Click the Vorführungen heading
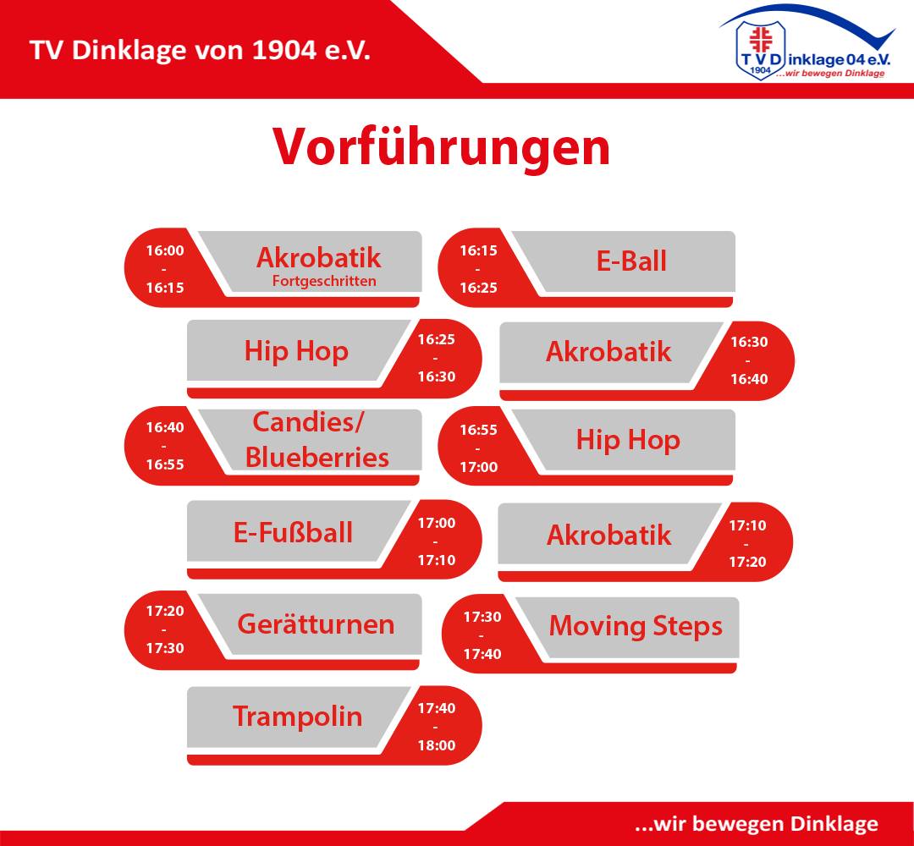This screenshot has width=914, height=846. (x=441, y=147)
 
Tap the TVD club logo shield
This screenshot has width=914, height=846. (x=760, y=50)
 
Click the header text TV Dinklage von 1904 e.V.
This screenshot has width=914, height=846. (x=200, y=50)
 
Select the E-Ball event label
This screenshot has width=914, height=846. (x=631, y=261)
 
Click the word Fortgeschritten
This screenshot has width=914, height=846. (x=324, y=281)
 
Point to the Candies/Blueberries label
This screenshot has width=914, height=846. (x=317, y=440)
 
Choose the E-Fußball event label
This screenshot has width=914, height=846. (x=293, y=532)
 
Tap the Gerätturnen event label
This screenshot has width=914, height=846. (x=316, y=624)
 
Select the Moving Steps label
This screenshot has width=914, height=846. (x=636, y=626)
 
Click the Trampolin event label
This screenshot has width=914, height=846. (x=297, y=717)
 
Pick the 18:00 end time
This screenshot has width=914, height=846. (x=437, y=745)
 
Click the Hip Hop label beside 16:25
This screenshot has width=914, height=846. (x=296, y=351)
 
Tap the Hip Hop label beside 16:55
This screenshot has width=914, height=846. (x=628, y=440)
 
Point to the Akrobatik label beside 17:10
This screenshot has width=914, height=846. (x=609, y=535)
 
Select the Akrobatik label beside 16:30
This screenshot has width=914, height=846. (x=608, y=351)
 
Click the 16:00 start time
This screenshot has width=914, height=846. (x=165, y=250)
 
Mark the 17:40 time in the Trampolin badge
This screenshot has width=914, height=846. (x=437, y=708)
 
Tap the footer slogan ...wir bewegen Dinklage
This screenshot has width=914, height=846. (x=757, y=824)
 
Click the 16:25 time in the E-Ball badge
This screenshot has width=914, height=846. (x=478, y=288)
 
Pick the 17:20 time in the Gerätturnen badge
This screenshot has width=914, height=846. (x=165, y=611)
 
